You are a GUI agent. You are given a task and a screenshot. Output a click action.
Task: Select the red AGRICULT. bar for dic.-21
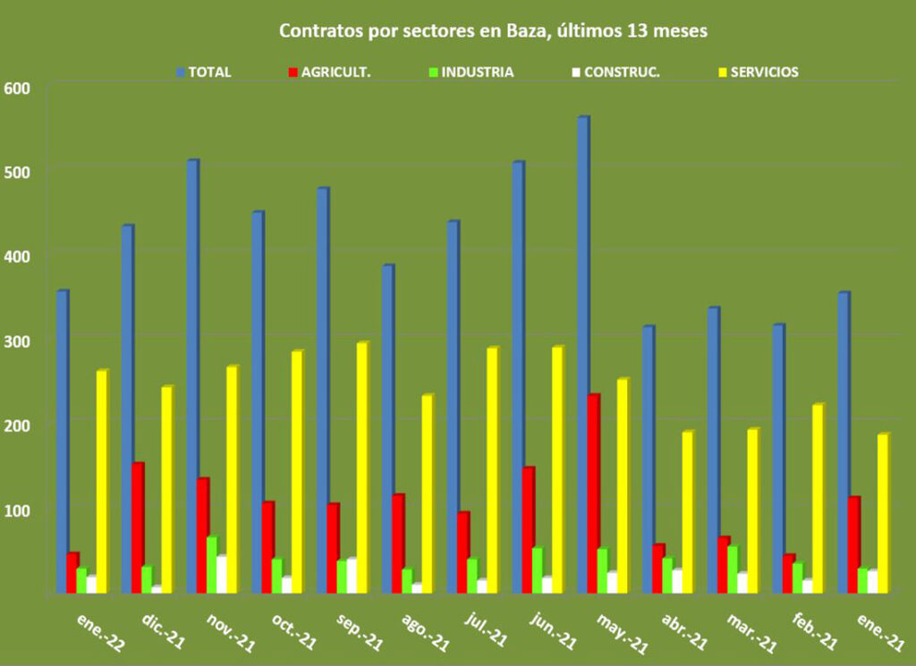138,527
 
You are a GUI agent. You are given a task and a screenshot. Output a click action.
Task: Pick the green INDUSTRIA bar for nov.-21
211,564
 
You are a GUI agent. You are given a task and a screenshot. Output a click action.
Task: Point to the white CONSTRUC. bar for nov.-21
222,574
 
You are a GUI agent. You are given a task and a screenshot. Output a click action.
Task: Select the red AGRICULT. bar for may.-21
593,493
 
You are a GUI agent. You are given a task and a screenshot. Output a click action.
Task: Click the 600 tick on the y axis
17,88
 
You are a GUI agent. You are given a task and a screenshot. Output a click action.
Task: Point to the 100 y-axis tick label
17,510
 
